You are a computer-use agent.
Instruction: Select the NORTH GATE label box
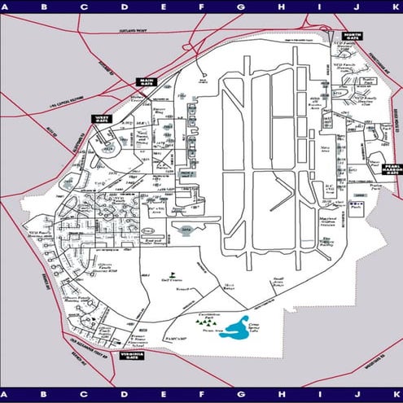[x=352, y=36]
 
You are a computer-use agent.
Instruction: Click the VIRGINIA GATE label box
[x=130, y=355]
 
